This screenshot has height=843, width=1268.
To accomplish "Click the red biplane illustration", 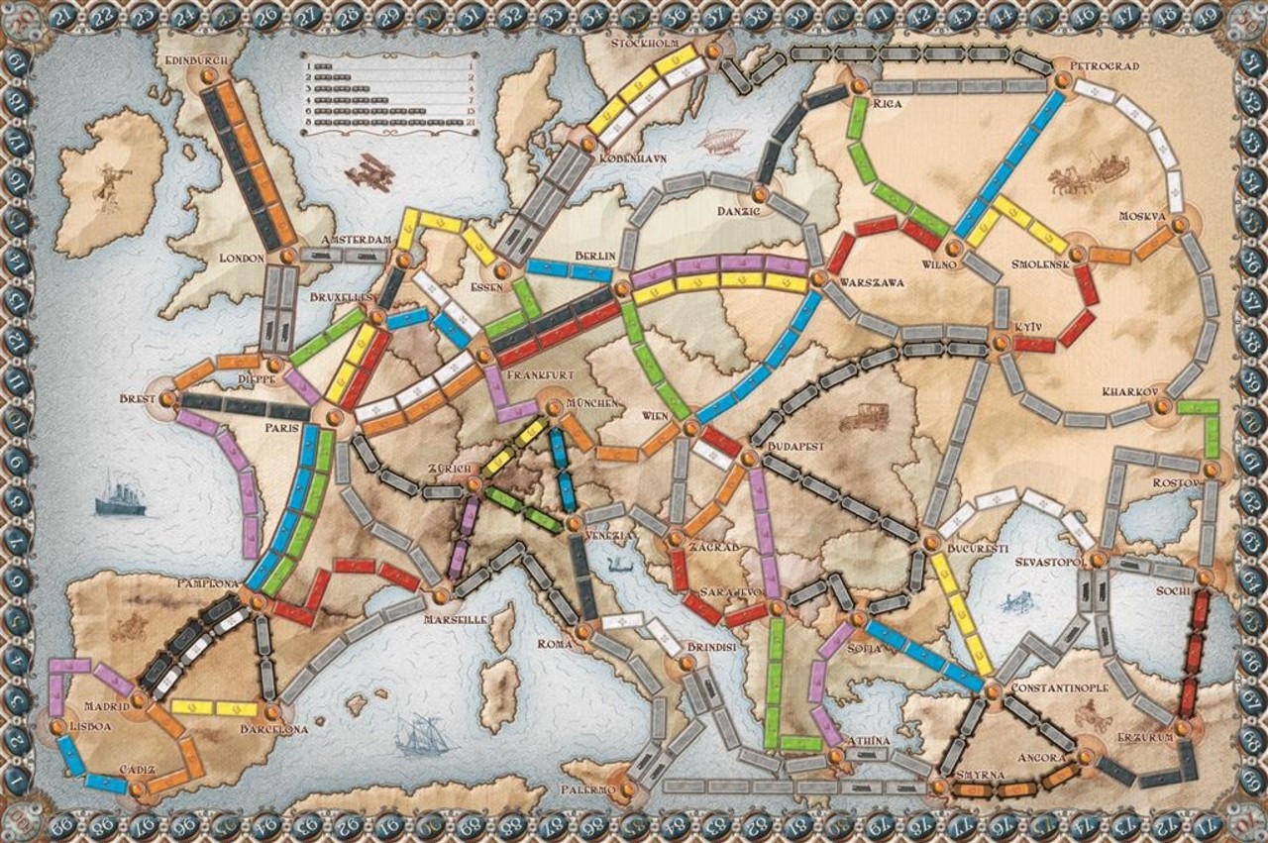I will (x=370, y=172).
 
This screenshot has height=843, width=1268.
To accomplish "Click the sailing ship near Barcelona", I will (x=415, y=734).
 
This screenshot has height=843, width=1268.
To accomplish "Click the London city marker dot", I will (x=287, y=256).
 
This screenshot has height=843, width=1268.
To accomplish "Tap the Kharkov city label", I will (x=1129, y=390).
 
